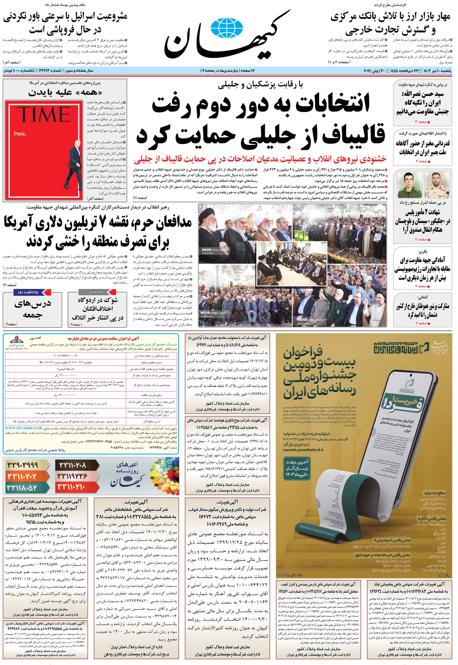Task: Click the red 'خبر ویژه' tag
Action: click(x=97, y=292)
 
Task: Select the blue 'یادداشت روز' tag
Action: click(x=33, y=292)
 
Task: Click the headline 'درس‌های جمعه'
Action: click(x=32, y=309)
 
